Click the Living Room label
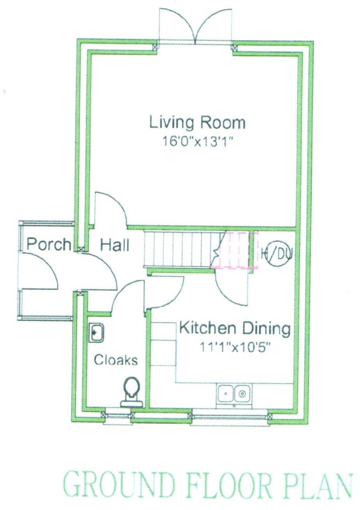197,122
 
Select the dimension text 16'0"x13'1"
198,142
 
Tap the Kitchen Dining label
234,329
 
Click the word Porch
49,244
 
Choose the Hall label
115,245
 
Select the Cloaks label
116,360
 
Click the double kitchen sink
233,394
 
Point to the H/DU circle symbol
276,254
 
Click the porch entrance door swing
42,270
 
